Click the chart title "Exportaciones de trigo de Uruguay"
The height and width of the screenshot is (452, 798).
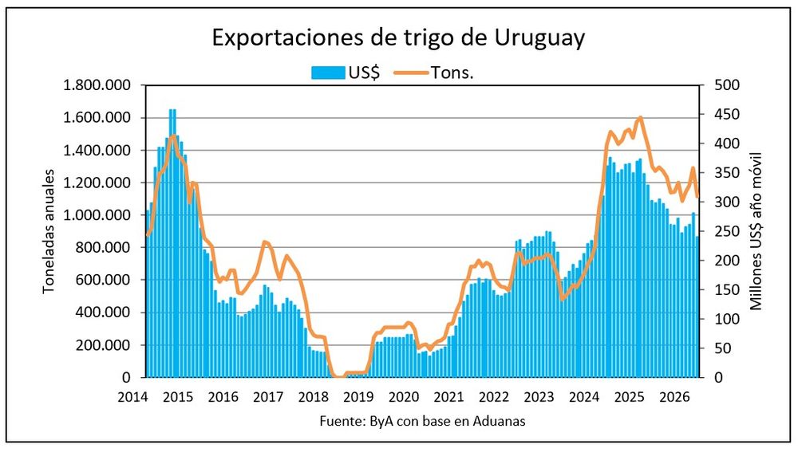398,37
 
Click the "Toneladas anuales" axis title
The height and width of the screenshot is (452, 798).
49,230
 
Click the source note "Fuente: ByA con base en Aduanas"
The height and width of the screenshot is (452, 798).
422,422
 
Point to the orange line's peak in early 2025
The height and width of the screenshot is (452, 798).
640,118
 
